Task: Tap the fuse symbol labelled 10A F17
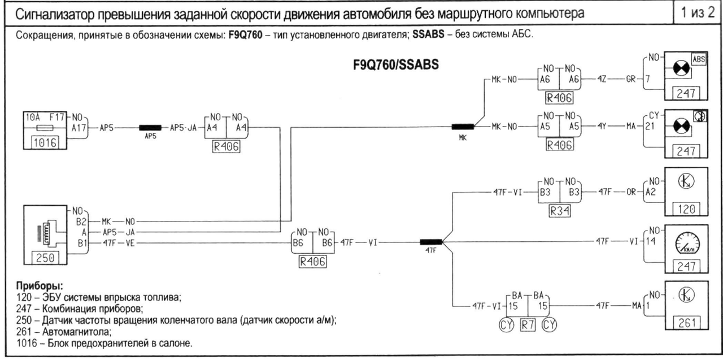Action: (44, 128)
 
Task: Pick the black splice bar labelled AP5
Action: (150, 128)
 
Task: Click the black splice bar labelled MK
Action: (463, 127)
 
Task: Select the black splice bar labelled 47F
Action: (432, 242)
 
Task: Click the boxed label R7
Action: (528, 324)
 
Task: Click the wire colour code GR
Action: (630, 80)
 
